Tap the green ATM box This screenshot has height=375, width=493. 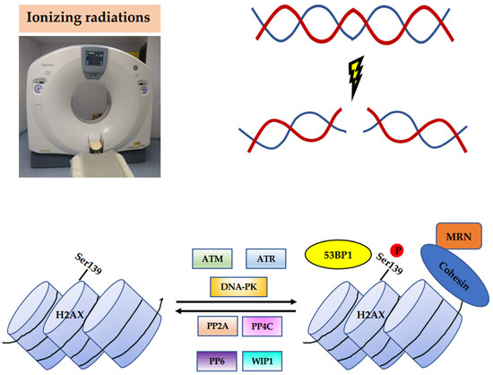click(212, 259)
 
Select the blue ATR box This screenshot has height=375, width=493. click(264, 259)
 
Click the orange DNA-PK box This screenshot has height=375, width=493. click(239, 287)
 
